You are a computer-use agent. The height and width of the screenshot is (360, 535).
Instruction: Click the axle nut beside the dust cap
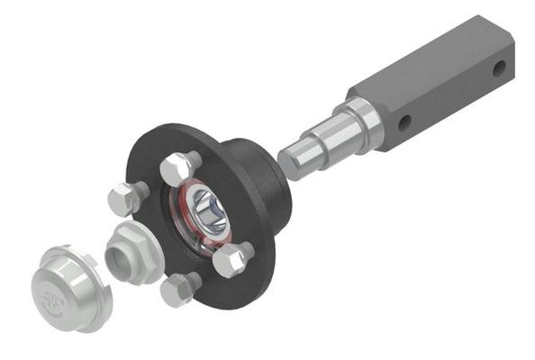click(131, 249)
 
